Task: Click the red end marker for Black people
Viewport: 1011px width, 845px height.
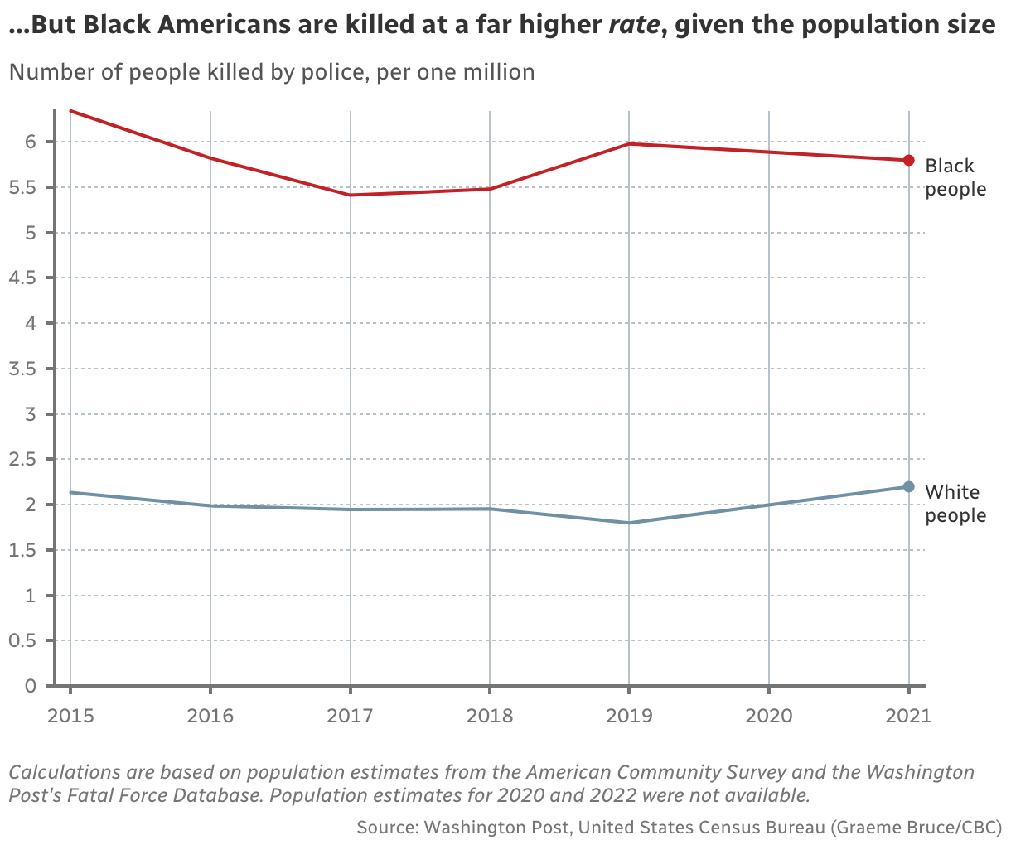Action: (x=908, y=160)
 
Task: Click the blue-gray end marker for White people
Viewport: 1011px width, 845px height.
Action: (x=908, y=486)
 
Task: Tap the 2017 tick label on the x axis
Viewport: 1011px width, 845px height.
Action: (x=350, y=715)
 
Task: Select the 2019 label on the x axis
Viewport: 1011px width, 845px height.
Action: (x=629, y=715)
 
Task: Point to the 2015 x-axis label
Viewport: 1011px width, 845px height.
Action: (x=70, y=715)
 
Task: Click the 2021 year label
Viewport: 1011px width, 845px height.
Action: (x=908, y=715)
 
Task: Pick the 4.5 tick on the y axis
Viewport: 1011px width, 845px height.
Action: (x=22, y=278)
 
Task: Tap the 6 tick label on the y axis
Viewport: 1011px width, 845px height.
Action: (x=31, y=142)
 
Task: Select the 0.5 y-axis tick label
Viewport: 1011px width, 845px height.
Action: (x=22, y=640)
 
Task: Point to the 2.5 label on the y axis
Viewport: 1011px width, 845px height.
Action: (x=22, y=460)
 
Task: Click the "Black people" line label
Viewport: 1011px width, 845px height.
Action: (x=955, y=177)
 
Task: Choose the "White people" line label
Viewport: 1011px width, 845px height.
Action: (x=955, y=504)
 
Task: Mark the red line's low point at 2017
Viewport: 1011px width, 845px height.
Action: (x=350, y=195)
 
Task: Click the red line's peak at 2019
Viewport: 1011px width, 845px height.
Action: (x=629, y=144)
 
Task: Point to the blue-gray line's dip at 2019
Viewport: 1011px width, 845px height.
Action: (x=629, y=523)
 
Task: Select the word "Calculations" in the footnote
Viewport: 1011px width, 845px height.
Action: (x=61, y=773)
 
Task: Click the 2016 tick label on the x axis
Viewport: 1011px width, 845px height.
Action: (x=210, y=715)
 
